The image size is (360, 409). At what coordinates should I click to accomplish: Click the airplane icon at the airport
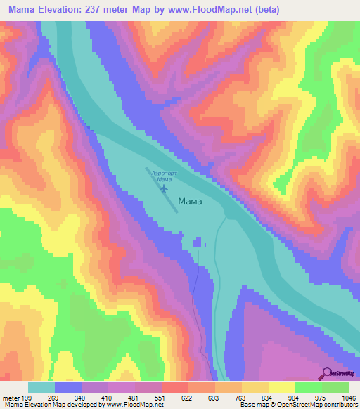pyautogui.click(x=164, y=188)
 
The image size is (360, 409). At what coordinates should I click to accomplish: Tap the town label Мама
pyautogui.click(x=190, y=201)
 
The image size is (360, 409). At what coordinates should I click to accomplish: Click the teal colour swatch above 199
pyautogui.click(x=41, y=387)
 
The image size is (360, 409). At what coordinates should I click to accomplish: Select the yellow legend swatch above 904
pyautogui.click(x=282, y=387)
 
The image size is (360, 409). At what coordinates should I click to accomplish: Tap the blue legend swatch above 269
pyautogui.click(x=68, y=387)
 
